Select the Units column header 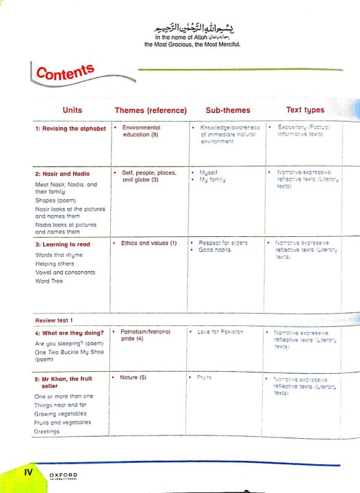[x=73, y=110]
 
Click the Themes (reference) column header [x=151, y=110]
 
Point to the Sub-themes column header [x=228, y=110]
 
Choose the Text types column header [x=305, y=110]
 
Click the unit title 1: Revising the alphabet [x=70, y=129]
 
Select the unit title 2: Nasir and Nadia [x=62, y=173]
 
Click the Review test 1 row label [x=53, y=320]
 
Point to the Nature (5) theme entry [x=134, y=377]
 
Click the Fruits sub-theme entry [x=204, y=377]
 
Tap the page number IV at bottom [x=29, y=472]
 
